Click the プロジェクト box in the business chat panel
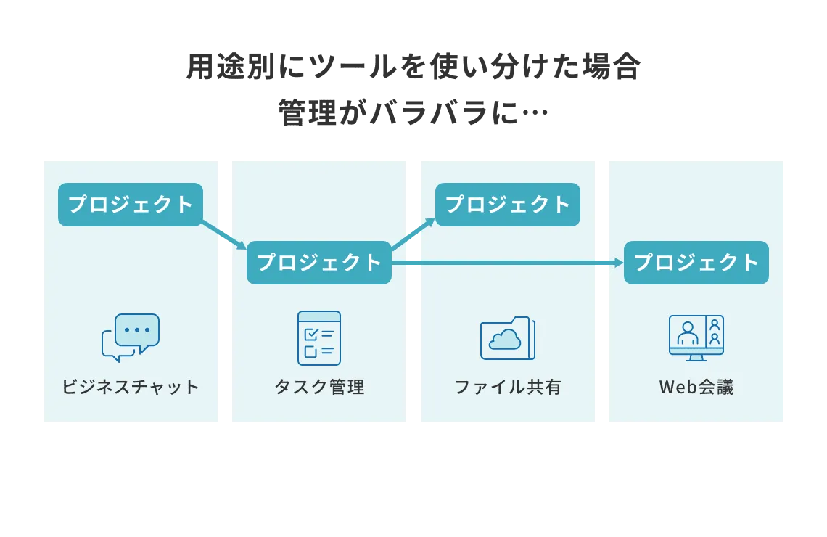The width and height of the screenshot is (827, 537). coord(131,205)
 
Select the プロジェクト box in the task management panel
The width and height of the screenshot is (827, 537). coord(319,263)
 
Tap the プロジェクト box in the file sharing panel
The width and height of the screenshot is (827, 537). coord(508,205)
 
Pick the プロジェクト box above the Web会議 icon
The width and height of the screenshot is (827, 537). coord(696,263)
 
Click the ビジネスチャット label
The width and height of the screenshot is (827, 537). coord(131,387)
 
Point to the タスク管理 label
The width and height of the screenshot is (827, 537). coord(319,387)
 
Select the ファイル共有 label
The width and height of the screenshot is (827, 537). coord(508,387)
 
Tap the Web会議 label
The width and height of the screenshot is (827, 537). coord(696,387)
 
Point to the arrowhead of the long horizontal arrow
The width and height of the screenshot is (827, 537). coord(619,263)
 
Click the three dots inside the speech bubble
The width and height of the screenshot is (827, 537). coord(137,329)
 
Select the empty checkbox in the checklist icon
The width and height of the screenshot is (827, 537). coord(311,352)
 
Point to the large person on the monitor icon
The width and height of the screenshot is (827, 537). coord(687,334)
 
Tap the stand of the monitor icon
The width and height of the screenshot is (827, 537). coord(696,357)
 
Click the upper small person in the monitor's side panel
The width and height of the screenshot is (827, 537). coord(715,324)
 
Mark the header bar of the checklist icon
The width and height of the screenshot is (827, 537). coord(319,316)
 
